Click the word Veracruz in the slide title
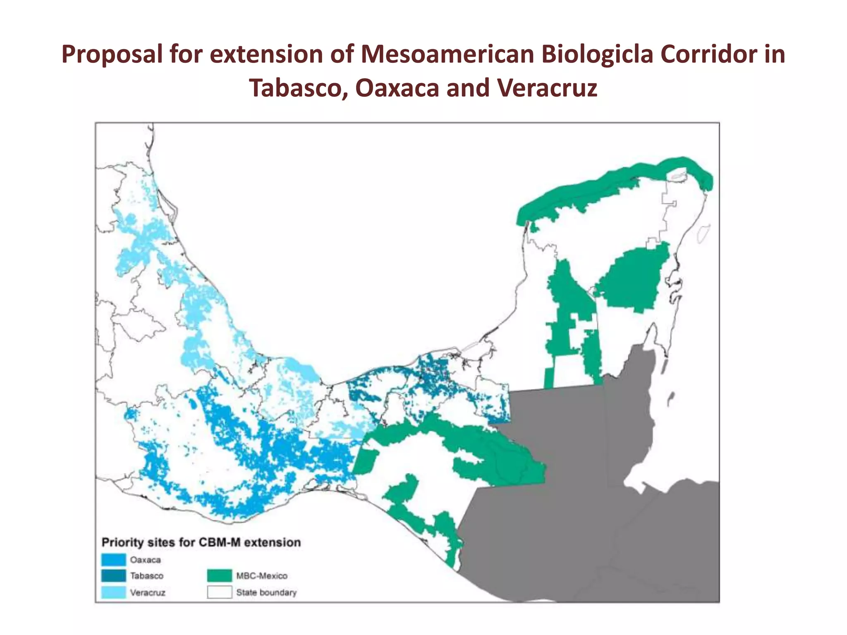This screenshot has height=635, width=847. click(547, 88)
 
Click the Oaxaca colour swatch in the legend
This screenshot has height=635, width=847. click(113, 560)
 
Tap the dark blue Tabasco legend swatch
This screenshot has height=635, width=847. click(113, 576)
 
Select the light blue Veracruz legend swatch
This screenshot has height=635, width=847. click(113, 592)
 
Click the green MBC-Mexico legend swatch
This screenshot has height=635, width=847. click(220, 576)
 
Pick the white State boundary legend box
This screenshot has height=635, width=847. click(220, 592)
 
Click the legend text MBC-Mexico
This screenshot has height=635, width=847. click(262, 576)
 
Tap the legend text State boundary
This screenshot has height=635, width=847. click(266, 592)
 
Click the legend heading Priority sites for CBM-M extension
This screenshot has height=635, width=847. click(201, 542)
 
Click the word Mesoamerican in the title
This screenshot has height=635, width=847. click(447, 54)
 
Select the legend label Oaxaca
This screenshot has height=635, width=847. click(145, 560)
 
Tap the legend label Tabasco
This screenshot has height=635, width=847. click(147, 576)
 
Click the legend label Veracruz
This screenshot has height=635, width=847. click(148, 592)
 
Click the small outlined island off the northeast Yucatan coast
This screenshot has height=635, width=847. click(703, 234)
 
